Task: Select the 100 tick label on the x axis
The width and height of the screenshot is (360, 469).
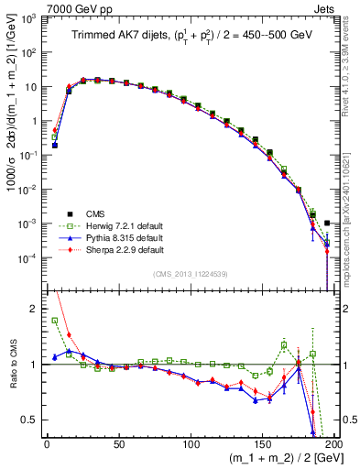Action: [x=191, y=443]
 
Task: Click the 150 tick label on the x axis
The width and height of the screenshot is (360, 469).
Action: [x=264, y=443]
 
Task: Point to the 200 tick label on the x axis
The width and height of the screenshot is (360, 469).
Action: [x=336, y=443]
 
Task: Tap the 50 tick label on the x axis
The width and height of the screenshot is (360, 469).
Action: [x=119, y=443]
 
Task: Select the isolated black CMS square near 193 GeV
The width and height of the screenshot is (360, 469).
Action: [x=327, y=223]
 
